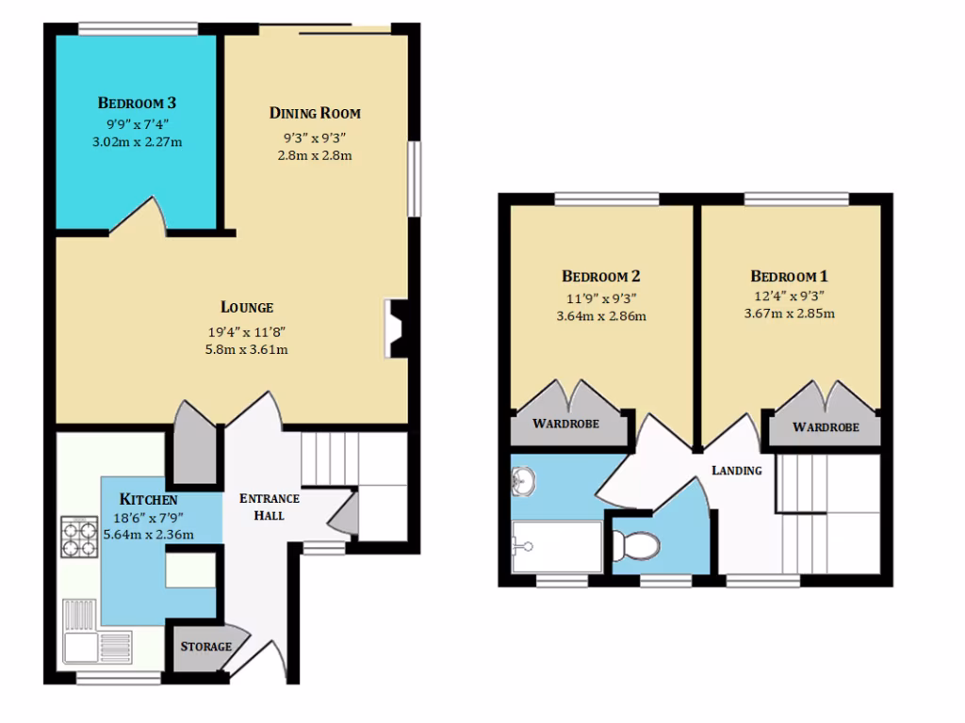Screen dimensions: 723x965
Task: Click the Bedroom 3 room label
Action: pos(137,103)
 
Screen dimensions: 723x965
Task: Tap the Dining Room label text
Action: pos(315,113)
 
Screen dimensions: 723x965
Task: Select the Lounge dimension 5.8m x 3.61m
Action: pos(247,349)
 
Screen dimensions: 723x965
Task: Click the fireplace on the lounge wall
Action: pos(397,329)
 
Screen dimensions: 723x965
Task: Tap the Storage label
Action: pos(205,647)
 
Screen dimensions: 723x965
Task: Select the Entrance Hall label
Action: pos(270,506)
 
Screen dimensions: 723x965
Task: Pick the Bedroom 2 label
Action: pos(601,276)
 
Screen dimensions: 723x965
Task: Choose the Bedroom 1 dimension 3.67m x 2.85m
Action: pos(789,313)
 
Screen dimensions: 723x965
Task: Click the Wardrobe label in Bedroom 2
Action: pos(565,424)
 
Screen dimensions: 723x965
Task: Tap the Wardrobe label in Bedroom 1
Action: pos(826,426)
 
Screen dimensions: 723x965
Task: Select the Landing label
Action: pos(736,470)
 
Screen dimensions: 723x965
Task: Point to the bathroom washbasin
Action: pos(525,483)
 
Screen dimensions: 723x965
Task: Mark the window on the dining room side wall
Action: pos(413,179)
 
